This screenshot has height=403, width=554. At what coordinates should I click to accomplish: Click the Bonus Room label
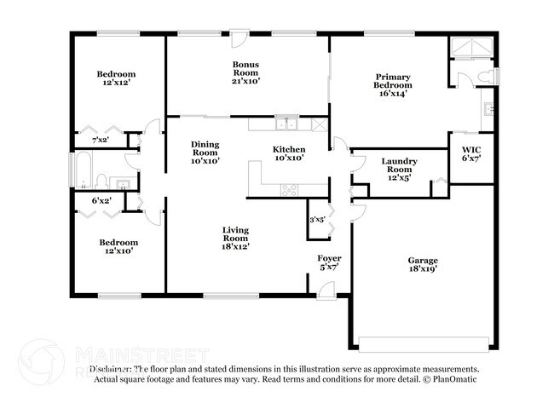coord(246,72)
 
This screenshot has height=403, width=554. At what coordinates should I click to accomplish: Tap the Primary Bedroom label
coord(393,85)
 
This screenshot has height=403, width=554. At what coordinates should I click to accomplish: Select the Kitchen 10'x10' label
coord(288,153)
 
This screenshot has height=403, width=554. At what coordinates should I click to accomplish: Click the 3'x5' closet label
coord(317,220)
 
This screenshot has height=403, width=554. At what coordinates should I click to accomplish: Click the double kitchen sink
coord(291,124)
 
